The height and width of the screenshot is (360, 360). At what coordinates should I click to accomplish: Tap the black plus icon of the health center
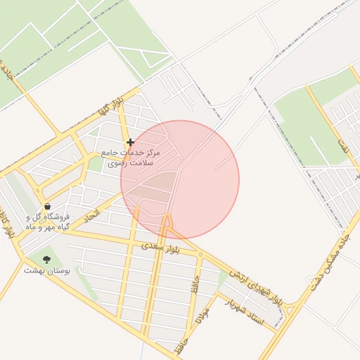[130, 142]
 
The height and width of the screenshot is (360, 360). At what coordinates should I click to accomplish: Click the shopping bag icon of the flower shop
[47, 207]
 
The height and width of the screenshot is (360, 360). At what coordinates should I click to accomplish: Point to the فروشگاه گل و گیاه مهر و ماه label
[47, 222]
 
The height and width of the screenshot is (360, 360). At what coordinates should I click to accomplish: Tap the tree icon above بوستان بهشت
[47, 259]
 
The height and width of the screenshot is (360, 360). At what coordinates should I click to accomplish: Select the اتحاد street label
[92, 216]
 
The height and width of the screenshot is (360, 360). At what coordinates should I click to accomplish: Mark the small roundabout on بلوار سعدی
[200, 255]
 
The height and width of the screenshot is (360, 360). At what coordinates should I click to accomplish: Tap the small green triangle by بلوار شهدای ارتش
[223, 278]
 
